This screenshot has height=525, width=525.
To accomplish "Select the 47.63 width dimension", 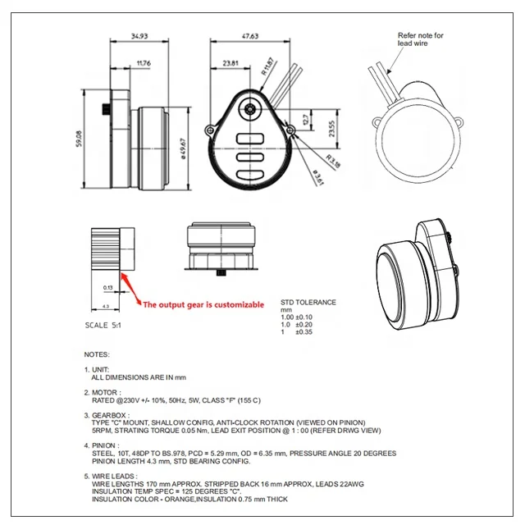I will pos(249,36).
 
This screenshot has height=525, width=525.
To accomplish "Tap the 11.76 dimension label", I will pos(143,62).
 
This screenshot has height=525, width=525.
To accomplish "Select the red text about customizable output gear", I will pos(203,304).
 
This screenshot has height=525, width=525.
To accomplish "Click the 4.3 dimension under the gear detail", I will pos(106,306).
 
